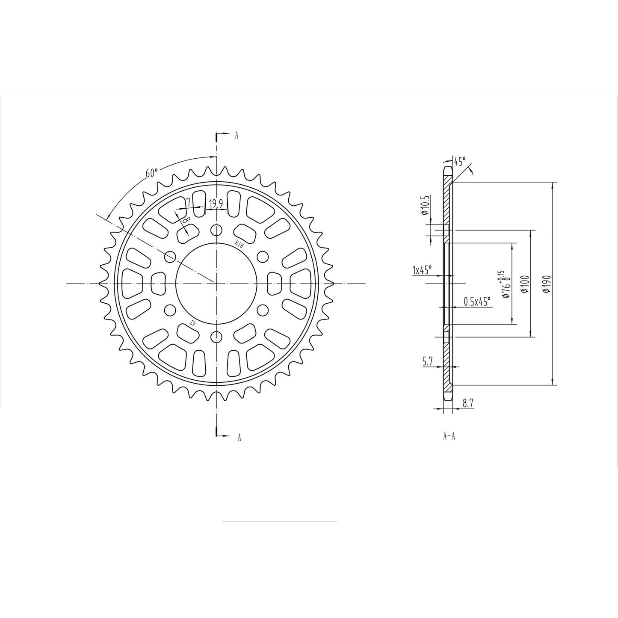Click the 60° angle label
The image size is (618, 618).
[x=151, y=173]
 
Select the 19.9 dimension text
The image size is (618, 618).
[x=215, y=204]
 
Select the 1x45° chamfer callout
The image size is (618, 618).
[x=422, y=270]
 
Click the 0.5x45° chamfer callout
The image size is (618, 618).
[x=477, y=302]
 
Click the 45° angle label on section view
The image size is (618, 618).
[x=460, y=162]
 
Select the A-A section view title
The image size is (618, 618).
[x=449, y=437]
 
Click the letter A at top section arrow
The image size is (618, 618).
[x=237, y=136]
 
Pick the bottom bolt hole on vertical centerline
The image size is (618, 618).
[x=217, y=336]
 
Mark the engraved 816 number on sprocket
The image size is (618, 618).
[x=239, y=244]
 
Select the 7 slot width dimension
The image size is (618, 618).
[x=188, y=201]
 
